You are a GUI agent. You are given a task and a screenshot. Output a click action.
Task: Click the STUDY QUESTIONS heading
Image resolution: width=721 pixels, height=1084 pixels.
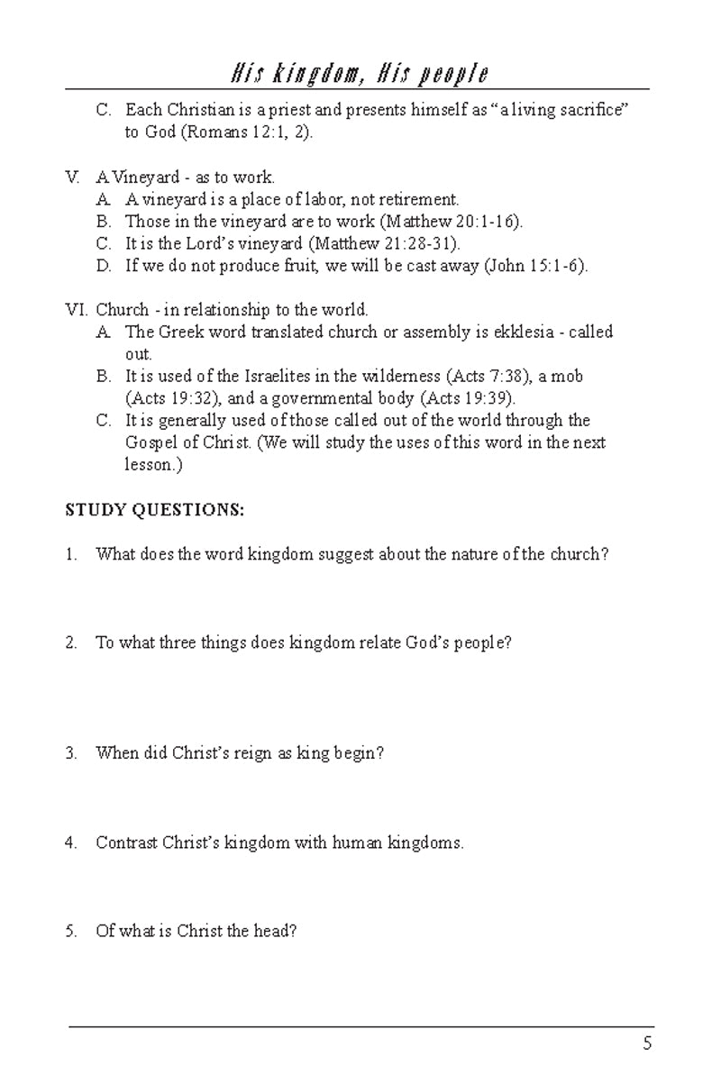(154, 510)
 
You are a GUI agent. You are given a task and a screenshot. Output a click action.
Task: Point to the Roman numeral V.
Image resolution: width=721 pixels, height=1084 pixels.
(73, 178)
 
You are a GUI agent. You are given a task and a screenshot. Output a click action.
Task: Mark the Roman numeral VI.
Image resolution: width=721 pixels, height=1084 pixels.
(75, 310)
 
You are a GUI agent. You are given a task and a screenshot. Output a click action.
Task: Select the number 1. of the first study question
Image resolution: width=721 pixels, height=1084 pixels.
(71, 555)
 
